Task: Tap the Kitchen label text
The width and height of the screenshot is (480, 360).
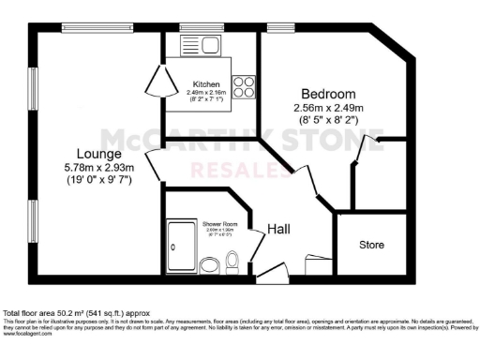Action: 206,83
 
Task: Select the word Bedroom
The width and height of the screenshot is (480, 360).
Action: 328,94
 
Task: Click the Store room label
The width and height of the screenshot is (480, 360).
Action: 372,246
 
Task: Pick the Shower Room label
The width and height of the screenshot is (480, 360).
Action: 218,224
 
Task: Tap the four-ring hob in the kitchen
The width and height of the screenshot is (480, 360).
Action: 243,87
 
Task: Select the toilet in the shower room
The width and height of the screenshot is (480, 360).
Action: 233,263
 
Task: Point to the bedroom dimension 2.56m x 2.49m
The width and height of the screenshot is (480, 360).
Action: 328,108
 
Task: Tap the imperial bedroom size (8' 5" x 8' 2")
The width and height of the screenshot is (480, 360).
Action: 328,120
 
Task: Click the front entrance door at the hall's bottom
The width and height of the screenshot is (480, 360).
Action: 273,274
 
